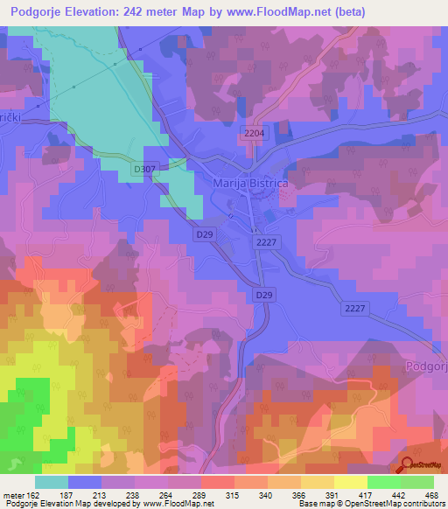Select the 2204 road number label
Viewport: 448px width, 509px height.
pyautogui.click(x=253, y=132)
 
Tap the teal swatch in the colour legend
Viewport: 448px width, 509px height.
pyautogui.click(x=52, y=482)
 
